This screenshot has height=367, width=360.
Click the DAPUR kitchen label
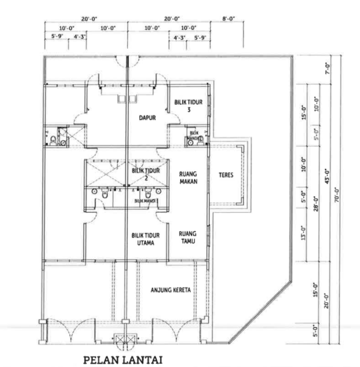(147, 117)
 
